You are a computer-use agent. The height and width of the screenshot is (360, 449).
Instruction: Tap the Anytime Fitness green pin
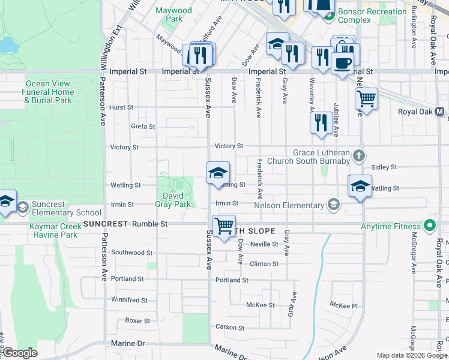429,227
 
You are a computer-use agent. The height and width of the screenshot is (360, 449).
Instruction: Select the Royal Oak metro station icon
440,112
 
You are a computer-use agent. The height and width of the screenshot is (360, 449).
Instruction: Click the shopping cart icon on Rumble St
224,226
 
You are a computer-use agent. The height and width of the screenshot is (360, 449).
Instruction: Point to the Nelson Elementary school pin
333,206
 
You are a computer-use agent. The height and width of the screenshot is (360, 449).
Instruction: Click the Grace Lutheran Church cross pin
359,157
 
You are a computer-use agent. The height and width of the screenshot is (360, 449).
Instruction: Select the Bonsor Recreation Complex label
372,16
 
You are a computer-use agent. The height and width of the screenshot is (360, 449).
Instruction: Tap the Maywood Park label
174,14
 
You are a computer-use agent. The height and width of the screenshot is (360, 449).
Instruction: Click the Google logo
20,353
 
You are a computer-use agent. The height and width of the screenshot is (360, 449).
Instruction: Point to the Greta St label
143,127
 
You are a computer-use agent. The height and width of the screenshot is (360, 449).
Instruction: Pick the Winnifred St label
129,299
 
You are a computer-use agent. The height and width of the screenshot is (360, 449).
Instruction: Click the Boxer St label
137,320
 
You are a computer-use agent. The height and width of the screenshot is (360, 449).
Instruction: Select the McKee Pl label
344,305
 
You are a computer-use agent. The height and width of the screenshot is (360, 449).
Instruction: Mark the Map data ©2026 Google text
412,355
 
